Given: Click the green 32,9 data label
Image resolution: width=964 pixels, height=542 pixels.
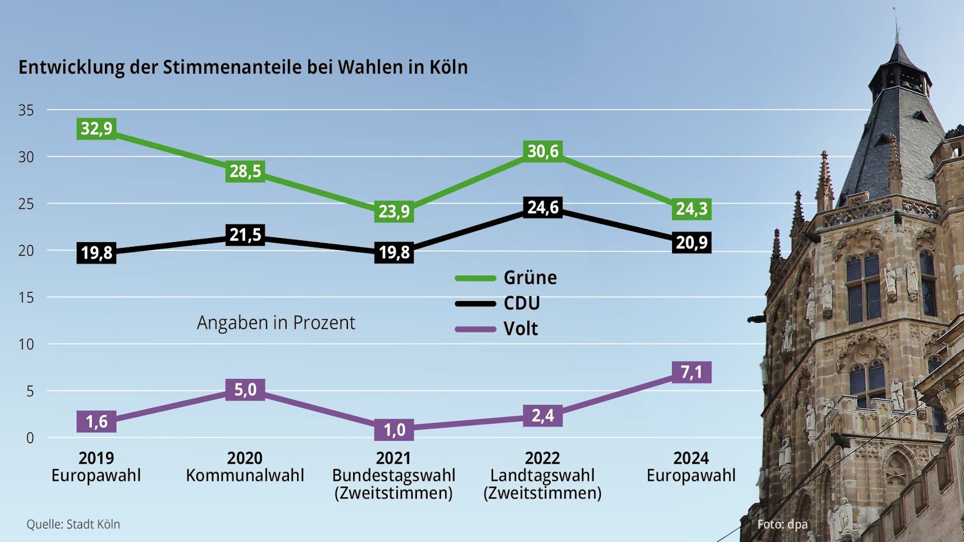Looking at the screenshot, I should [x=96, y=128].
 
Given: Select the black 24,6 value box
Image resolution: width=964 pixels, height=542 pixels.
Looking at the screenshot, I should [x=542, y=207].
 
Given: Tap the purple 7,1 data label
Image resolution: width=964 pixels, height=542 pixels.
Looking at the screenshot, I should [x=691, y=372].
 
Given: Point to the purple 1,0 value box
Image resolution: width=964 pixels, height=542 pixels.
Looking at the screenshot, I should [x=394, y=429].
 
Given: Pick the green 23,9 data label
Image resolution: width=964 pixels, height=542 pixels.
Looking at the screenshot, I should [x=394, y=211].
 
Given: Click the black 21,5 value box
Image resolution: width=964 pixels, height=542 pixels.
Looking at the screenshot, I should [x=245, y=235].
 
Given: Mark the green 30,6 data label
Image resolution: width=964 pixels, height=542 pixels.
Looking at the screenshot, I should [x=542, y=151].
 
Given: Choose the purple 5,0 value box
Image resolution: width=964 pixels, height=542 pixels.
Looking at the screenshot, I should [x=245, y=389].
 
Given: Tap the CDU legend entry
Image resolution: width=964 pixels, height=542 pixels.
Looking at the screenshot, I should [x=498, y=303].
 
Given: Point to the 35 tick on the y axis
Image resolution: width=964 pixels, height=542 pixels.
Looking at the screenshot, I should [x=26, y=110].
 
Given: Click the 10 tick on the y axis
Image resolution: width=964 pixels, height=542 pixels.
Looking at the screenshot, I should [x=26, y=344].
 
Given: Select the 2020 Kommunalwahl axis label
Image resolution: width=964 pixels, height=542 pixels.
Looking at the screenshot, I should [x=245, y=467].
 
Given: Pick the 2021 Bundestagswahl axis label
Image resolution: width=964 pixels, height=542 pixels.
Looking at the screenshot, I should [x=394, y=475].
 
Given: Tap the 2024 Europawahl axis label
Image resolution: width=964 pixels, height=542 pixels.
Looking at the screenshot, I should [x=691, y=467].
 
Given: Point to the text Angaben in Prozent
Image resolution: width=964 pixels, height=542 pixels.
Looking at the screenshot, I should [x=276, y=323].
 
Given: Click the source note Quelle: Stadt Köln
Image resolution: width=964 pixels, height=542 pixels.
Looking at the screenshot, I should [x=73, y=524].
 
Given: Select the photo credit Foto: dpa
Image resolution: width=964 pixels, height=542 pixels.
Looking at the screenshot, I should [x=782, y=524].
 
